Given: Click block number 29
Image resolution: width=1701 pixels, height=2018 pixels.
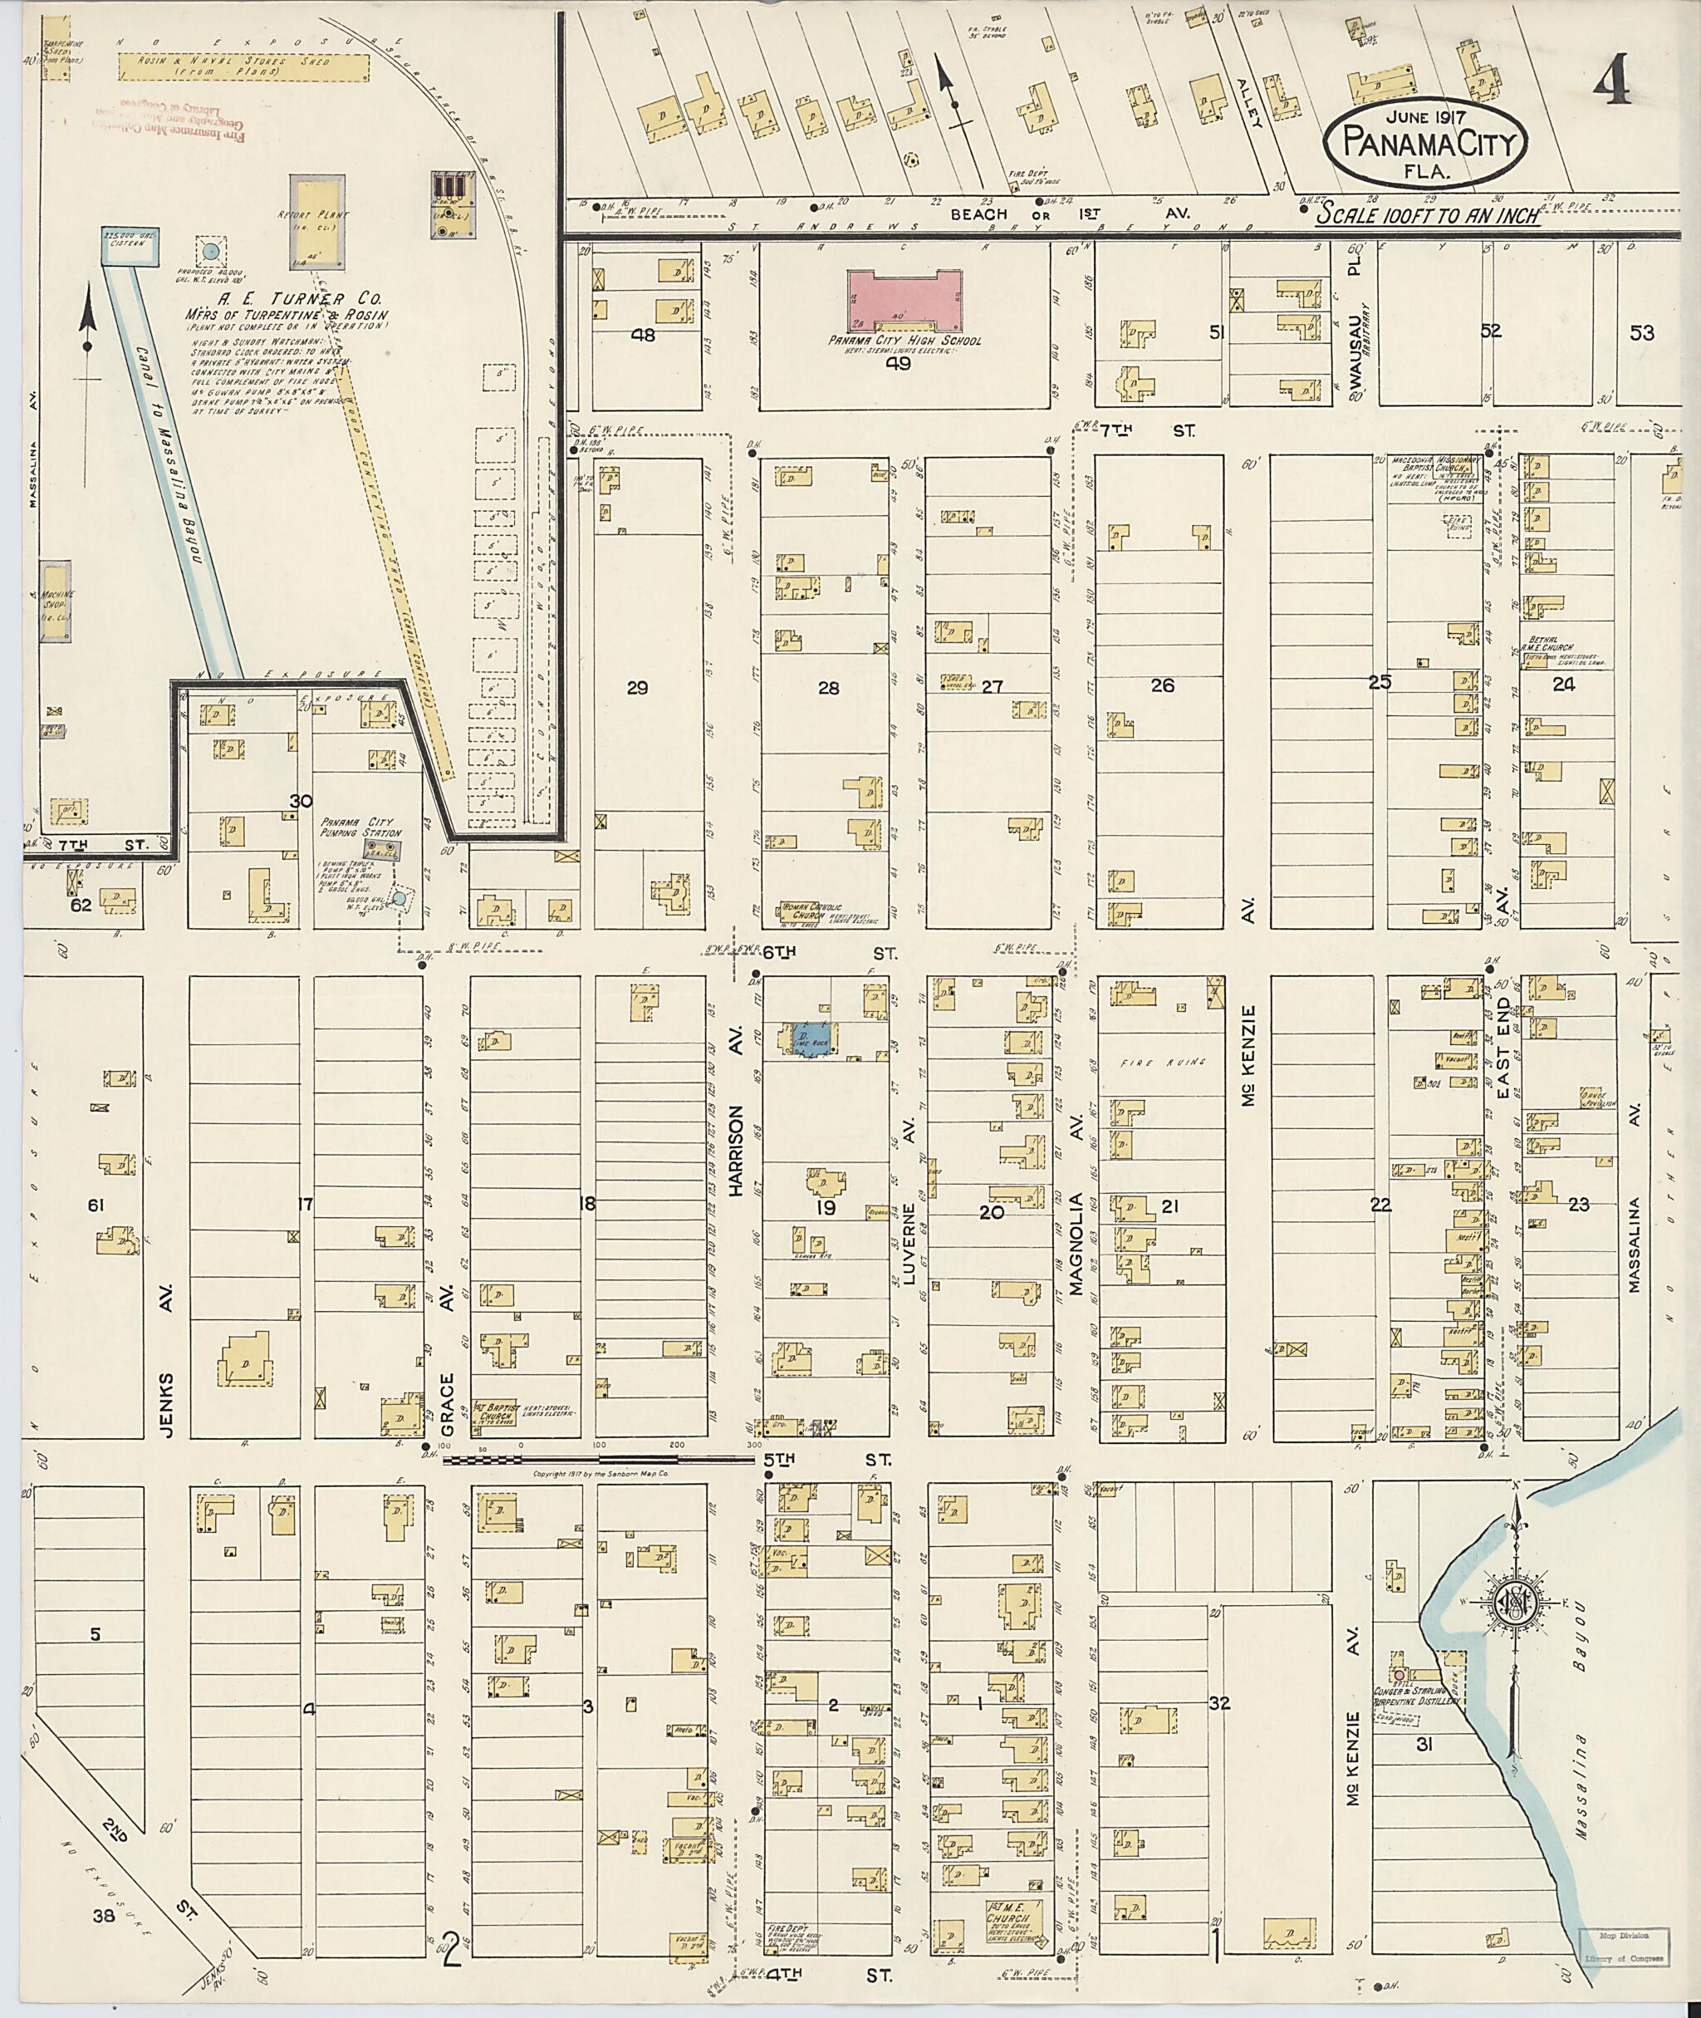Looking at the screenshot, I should [x=637, y=688].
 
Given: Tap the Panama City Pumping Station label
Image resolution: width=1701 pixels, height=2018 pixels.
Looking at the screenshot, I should [x=360, y=831].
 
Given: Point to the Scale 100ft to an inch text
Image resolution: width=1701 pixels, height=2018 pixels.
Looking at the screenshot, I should [x=1428, y=216].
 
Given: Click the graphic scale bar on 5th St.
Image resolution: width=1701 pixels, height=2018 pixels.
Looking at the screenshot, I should [x=598, y=1461].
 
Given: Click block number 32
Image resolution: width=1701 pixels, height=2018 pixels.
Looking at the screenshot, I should [x=1220, y=1703].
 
